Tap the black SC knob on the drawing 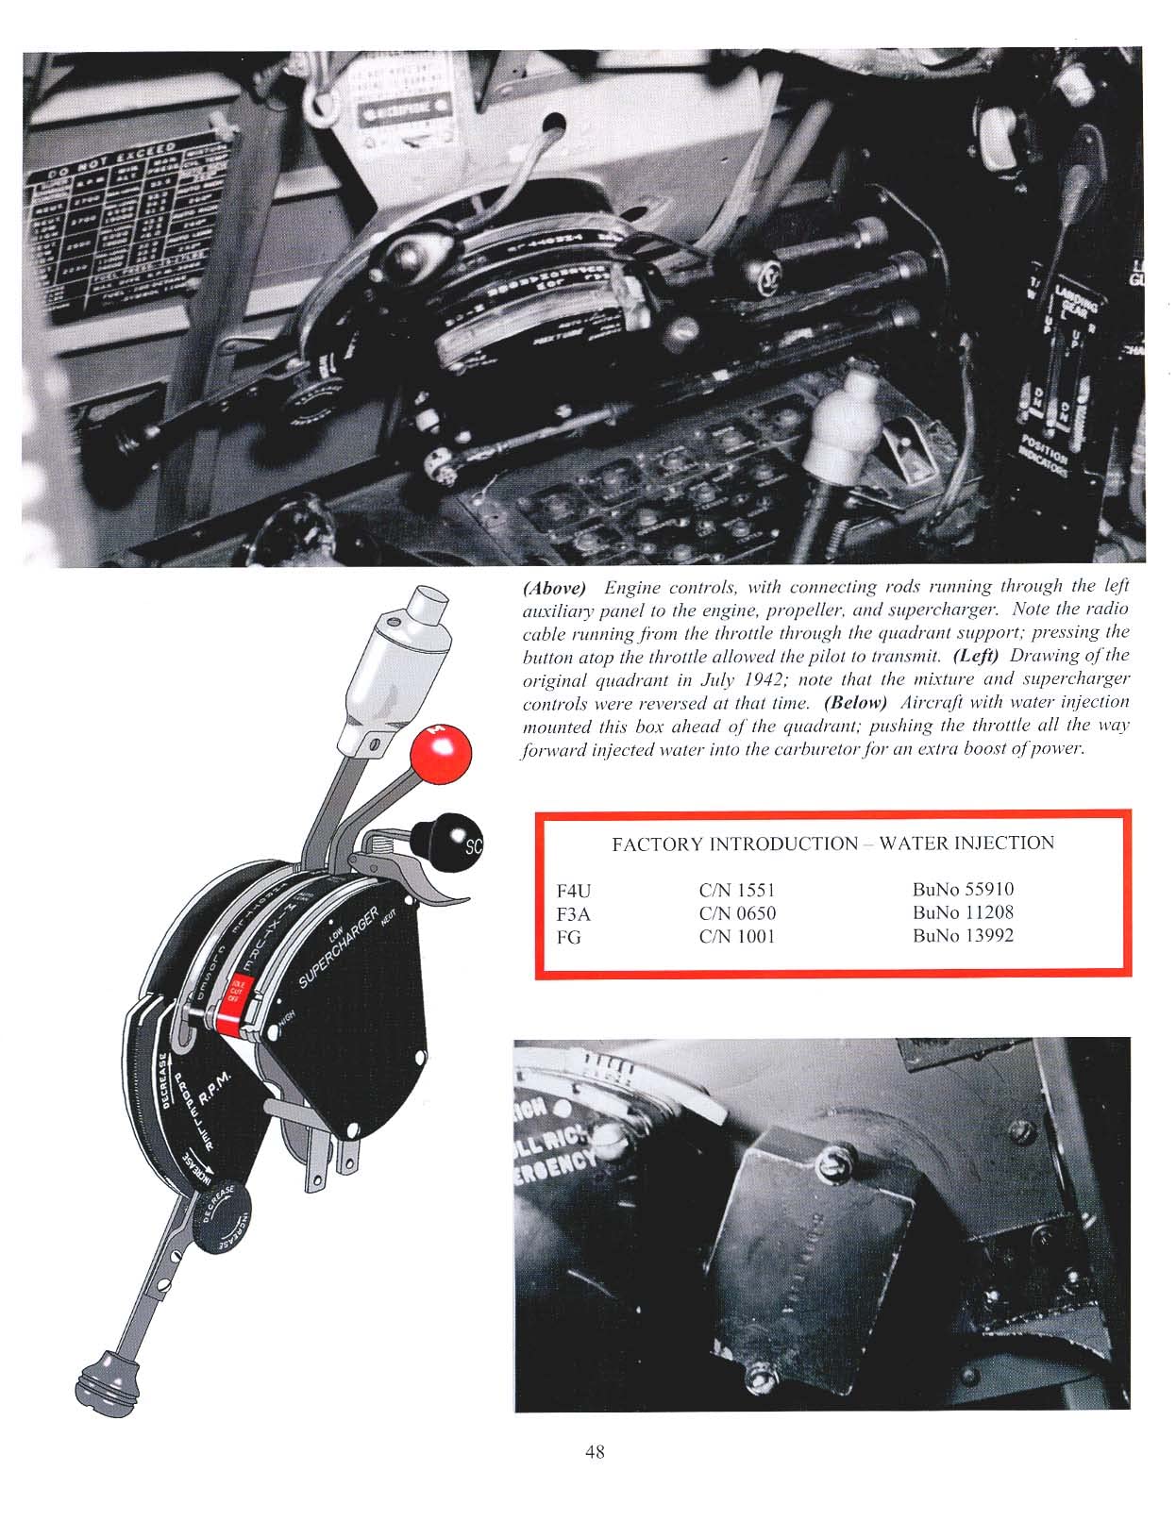(447, 836)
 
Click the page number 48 (594, 1451)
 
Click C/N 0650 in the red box (737, 913)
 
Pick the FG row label (569, 938)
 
